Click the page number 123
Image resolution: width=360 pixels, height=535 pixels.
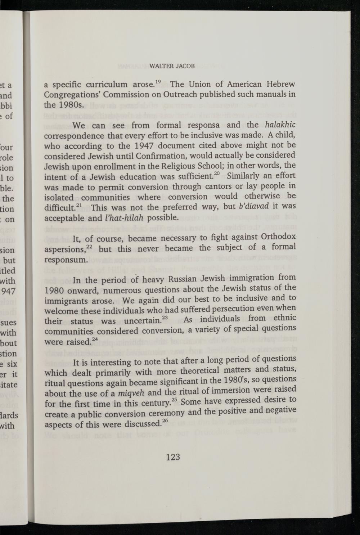tap(173, 457)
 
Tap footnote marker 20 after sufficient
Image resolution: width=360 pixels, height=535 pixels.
tap(216, 174)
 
